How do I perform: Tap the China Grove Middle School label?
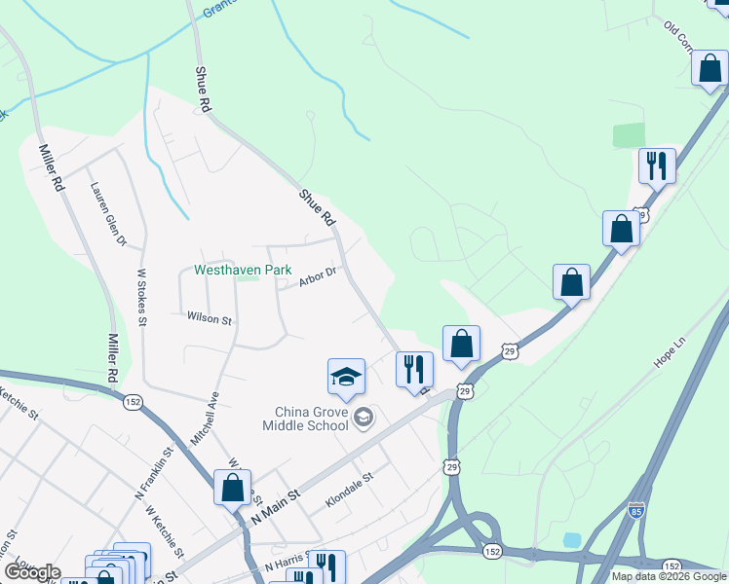305,418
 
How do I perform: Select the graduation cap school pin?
346,378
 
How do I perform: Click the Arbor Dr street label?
318,277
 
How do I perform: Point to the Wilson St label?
211,318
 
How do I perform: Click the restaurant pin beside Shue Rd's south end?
414,371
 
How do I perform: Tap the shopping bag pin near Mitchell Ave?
233,489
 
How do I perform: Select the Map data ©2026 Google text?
668,576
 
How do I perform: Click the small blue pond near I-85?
572,539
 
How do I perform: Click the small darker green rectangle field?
629,135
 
